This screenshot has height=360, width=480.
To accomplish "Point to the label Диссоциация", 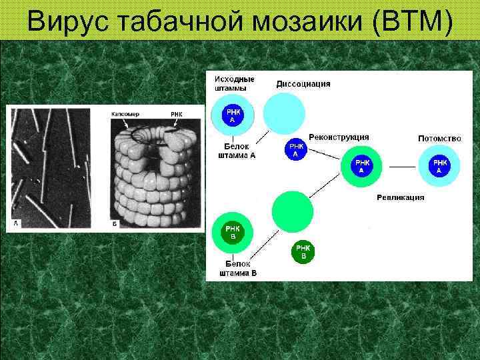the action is point(303,84).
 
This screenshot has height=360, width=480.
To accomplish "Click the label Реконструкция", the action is point(339,137).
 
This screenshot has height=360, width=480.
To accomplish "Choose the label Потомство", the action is point(439,139).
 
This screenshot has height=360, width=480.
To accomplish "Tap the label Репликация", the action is point(400,197).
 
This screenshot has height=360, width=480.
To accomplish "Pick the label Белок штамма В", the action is point(238,269).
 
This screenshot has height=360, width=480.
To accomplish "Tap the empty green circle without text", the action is point(292,211).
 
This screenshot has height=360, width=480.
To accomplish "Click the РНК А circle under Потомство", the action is point(439,167).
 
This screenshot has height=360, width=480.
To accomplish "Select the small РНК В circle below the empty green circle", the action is point(303,252).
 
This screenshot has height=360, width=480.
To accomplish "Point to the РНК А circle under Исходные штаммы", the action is point(232,115).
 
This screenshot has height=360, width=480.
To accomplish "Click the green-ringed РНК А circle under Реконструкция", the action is point(361,166).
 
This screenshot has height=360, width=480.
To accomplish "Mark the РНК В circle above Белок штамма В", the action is point(232,232).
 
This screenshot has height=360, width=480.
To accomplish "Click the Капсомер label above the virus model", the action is point(125,114).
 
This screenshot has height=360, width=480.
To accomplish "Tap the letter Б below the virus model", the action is point(115,224).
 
